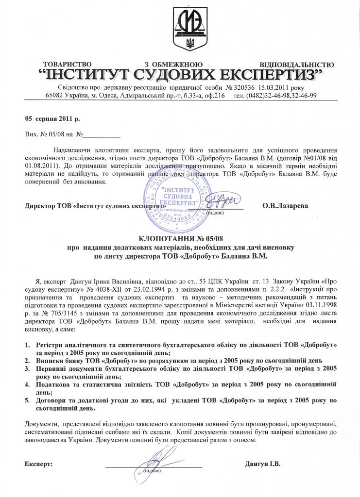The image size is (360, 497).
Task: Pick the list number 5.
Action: [27, 401]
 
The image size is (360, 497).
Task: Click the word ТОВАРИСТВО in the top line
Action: [68, 65]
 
